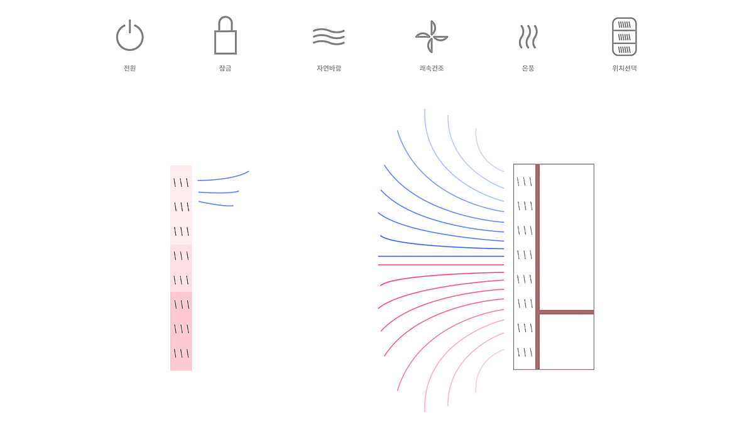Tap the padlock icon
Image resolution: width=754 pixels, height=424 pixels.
point(226,35)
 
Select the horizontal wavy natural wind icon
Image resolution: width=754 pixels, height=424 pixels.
point(329,36)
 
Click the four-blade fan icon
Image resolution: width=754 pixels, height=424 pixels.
point(432,36)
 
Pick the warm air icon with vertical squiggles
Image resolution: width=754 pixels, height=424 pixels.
point(528,36)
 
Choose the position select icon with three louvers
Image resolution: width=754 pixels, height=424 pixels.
point(625,36)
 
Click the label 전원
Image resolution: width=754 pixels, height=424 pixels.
point(129,68)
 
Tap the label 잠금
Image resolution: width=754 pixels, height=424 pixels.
point(225,68)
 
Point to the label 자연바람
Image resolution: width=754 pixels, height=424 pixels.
point(329,68)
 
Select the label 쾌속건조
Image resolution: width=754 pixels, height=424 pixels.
point(432,68)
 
